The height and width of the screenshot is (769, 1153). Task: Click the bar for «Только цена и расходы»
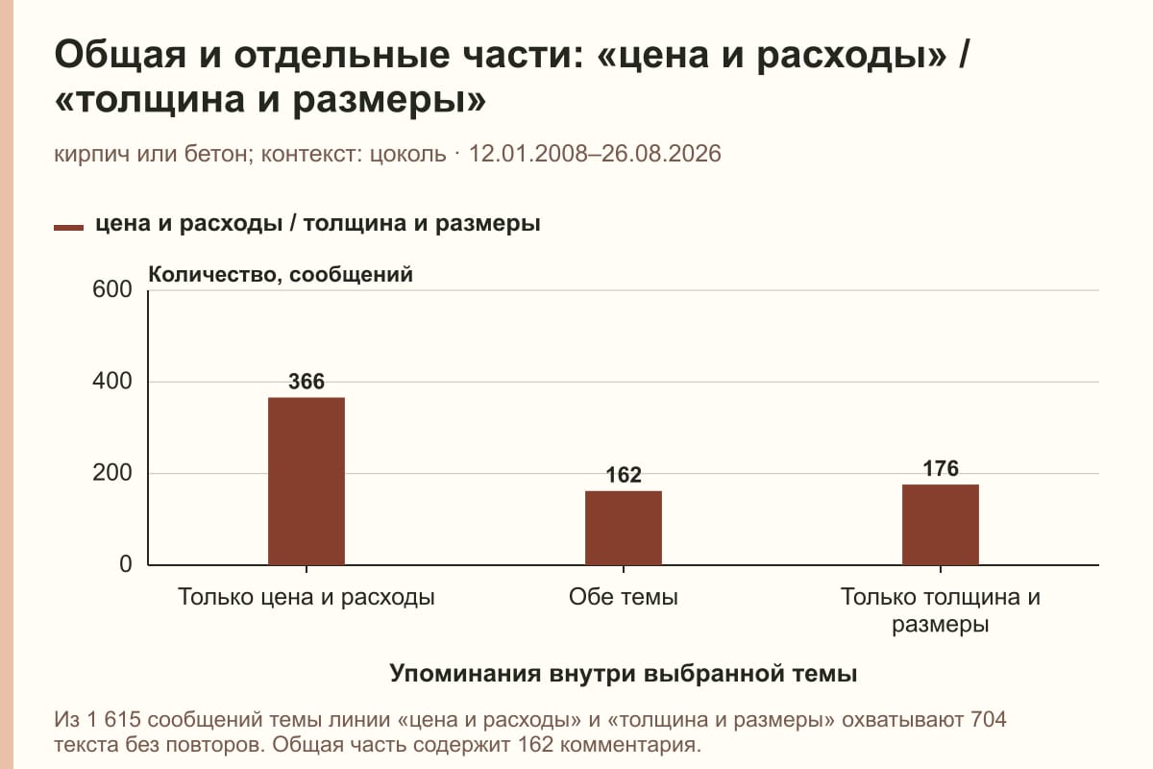pos(307,481)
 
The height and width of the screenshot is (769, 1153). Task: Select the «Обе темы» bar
pos(624,528)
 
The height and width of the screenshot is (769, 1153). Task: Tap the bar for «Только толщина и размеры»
pos(941,525)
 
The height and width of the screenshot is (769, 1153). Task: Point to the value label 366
pos(307,382)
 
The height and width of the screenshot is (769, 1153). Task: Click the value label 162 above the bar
pos(624,475)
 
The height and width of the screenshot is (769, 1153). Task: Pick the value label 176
pos(941,469)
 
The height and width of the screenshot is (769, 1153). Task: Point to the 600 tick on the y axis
pos(112,289)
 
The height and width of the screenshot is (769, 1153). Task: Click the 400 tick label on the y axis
pos(112,382)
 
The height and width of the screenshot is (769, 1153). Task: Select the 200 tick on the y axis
pos(112,473)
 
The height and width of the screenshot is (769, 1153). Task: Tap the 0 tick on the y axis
pos(126,564)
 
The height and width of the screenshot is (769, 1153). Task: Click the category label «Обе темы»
pos(624,598)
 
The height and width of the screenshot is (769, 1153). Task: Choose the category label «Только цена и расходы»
pos(307,598)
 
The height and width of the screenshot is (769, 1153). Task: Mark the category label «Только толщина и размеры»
pos(941,610)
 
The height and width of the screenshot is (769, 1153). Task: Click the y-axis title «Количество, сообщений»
pos(281,275)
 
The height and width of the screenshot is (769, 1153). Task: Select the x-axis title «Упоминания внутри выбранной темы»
pos(624,673)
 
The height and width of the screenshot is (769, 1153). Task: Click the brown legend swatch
pos(68,228)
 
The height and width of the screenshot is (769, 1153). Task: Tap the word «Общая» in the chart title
pos(120,55)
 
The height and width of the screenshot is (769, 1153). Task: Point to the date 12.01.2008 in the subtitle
pos(528,154)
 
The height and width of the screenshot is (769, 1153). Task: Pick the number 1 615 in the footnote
pos(113,720)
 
